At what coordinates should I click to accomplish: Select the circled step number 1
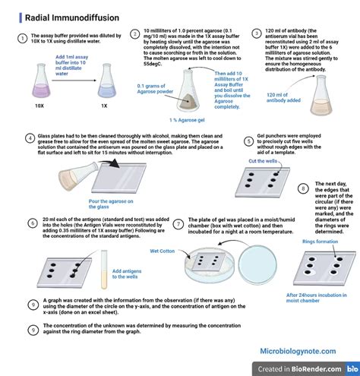(x=23, y=38)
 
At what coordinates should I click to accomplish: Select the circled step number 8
(x=303, y=188)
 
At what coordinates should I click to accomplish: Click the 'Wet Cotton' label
(x=163, y=249)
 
